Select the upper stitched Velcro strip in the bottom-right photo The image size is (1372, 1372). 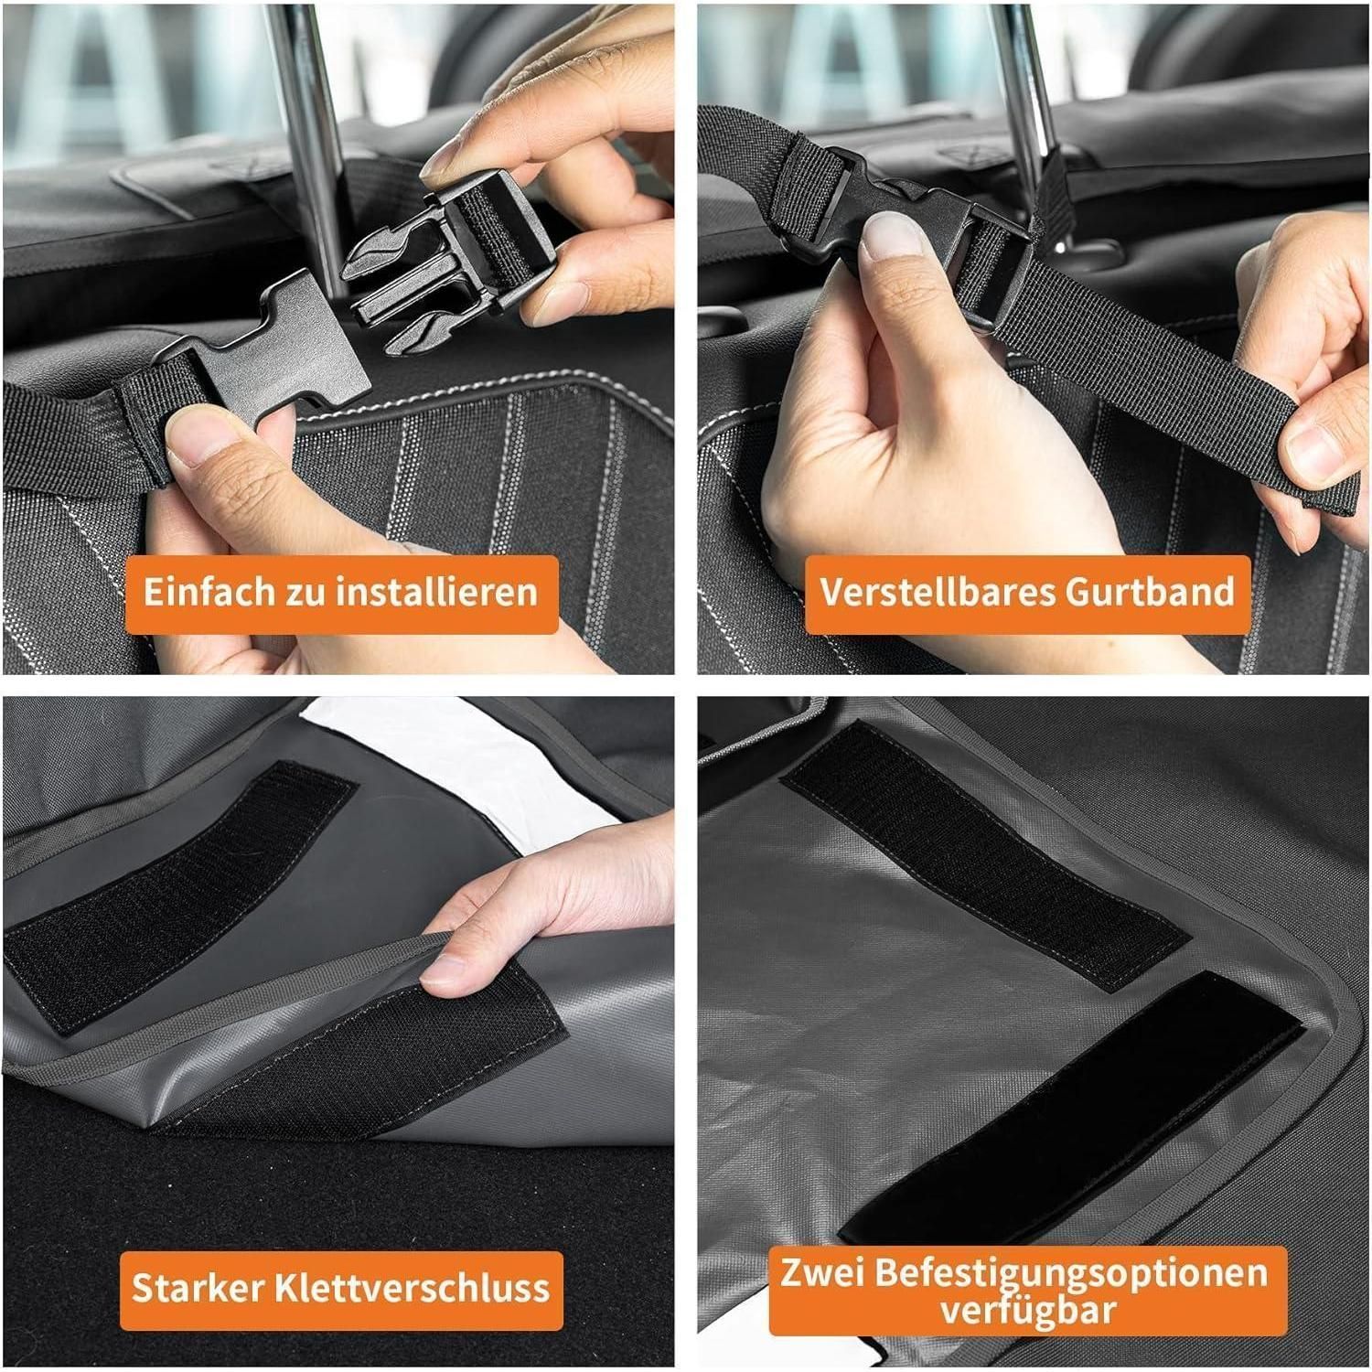point(983,855)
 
